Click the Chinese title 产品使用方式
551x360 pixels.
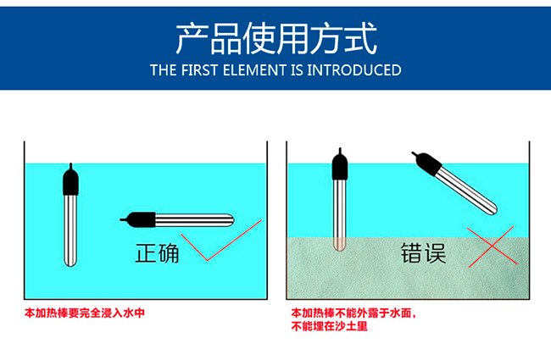tap(276, 38)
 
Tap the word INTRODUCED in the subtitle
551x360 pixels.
tap(353, 70)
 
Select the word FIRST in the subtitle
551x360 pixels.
tap(199, 70)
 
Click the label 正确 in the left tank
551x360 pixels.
tap(158, 253)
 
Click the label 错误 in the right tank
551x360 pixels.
tap(424, 253)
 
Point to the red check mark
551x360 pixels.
tap(221, 241)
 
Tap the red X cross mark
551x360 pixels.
tap(492, 246)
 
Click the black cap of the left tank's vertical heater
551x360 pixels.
tap(70, 180)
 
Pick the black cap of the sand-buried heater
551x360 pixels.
tap(340, 165)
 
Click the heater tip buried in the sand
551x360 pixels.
tap(339, 245)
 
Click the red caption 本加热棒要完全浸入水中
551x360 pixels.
tap(85, 313)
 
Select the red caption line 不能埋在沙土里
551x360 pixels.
tap(329, 327)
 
